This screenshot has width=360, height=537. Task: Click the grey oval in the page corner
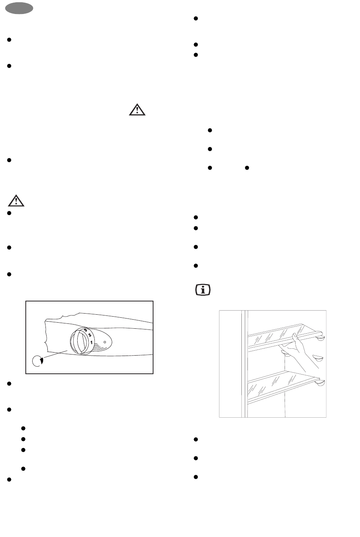(19, 8)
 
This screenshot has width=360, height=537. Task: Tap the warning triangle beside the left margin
(16, 201)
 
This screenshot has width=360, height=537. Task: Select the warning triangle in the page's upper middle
(137, 110)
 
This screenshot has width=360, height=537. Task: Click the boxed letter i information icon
(203, 290)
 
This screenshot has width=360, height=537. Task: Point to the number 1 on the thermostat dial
(91, 342)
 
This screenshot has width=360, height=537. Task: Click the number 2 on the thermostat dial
(89, 335)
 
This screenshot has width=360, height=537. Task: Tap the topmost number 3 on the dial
(85, 330)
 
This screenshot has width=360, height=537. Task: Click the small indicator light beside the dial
(105, 342)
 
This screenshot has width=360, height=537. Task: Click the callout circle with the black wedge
(38, 361)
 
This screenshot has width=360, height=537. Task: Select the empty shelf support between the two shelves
(318, 358)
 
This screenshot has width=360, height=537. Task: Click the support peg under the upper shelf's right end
(320, 338)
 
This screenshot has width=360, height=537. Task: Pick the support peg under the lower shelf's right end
(320, 383)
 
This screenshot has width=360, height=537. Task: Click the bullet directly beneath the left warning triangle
(9, 213)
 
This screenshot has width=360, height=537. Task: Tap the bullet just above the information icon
(196, 265)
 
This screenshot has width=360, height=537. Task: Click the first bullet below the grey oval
(9, 40)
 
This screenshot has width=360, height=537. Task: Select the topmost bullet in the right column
(196, 19)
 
